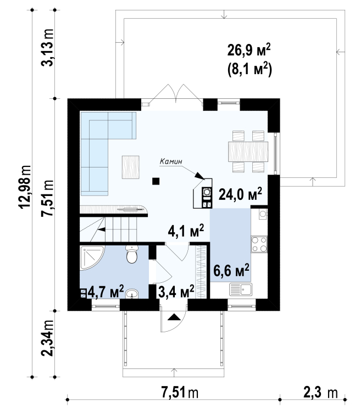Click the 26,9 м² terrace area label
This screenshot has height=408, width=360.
tap(249, 50)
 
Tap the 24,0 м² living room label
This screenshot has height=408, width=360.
tap(240, 194)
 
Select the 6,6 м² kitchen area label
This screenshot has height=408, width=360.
tap(231, 270)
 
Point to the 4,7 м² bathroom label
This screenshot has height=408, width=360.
tap(106, 292)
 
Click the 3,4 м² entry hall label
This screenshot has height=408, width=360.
tap(176, 292)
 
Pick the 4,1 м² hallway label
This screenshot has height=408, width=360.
tap(186, 231)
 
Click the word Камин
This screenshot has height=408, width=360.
tap(170, 161)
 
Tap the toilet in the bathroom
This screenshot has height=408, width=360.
tap(132, 254)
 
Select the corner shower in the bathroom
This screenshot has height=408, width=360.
tap(92, 257)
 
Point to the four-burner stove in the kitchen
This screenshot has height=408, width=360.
tap(259, 244)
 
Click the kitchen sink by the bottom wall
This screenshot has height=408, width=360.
tap(241, 289)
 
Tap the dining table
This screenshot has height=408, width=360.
tap(248, 152)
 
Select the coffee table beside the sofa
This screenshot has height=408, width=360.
tap(130, 167)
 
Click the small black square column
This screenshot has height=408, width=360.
tap(156, 181)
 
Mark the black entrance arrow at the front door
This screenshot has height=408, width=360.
tap(174, 317)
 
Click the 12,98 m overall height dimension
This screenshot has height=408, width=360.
tap(25, 187)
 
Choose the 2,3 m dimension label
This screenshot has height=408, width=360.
tap(320, 392)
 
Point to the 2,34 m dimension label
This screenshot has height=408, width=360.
tap(48, 338)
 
